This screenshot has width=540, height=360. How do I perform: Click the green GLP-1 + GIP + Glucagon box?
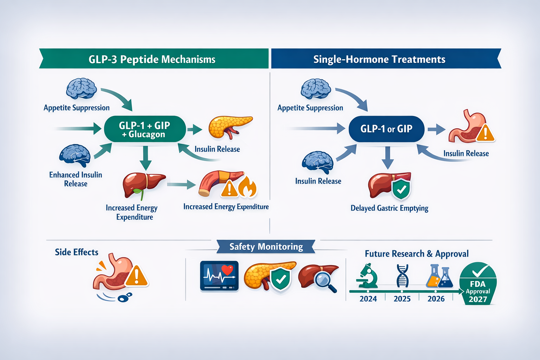tap(144, 129)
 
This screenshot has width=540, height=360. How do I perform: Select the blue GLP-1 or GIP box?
tap(386, 129)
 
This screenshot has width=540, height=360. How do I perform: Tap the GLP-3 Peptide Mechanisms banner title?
tap(152, 59)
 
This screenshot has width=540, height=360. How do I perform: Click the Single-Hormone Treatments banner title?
tap(379, 59)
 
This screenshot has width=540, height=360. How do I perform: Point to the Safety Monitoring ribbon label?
tap(266, 246)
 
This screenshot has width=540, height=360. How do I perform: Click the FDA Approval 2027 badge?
tap(478, 285)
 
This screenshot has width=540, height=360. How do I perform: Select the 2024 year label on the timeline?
tap(368, 299)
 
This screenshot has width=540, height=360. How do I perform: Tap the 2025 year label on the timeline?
tap(402, 299)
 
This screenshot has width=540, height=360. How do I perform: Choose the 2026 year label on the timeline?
tap(436, 299)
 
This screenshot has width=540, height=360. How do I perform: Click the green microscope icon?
tap(367, 276)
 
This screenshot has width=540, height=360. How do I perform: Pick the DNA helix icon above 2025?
tap(402, 276)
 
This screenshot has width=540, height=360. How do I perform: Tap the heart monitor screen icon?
tap(219, 276)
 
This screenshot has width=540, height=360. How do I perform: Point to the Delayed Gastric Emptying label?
tap(389, 208)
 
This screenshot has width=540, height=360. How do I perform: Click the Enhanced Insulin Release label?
tap(76, 179)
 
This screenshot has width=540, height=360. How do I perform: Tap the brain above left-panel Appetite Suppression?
tap(81, 88)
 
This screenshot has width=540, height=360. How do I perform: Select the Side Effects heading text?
tap(76, 252)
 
